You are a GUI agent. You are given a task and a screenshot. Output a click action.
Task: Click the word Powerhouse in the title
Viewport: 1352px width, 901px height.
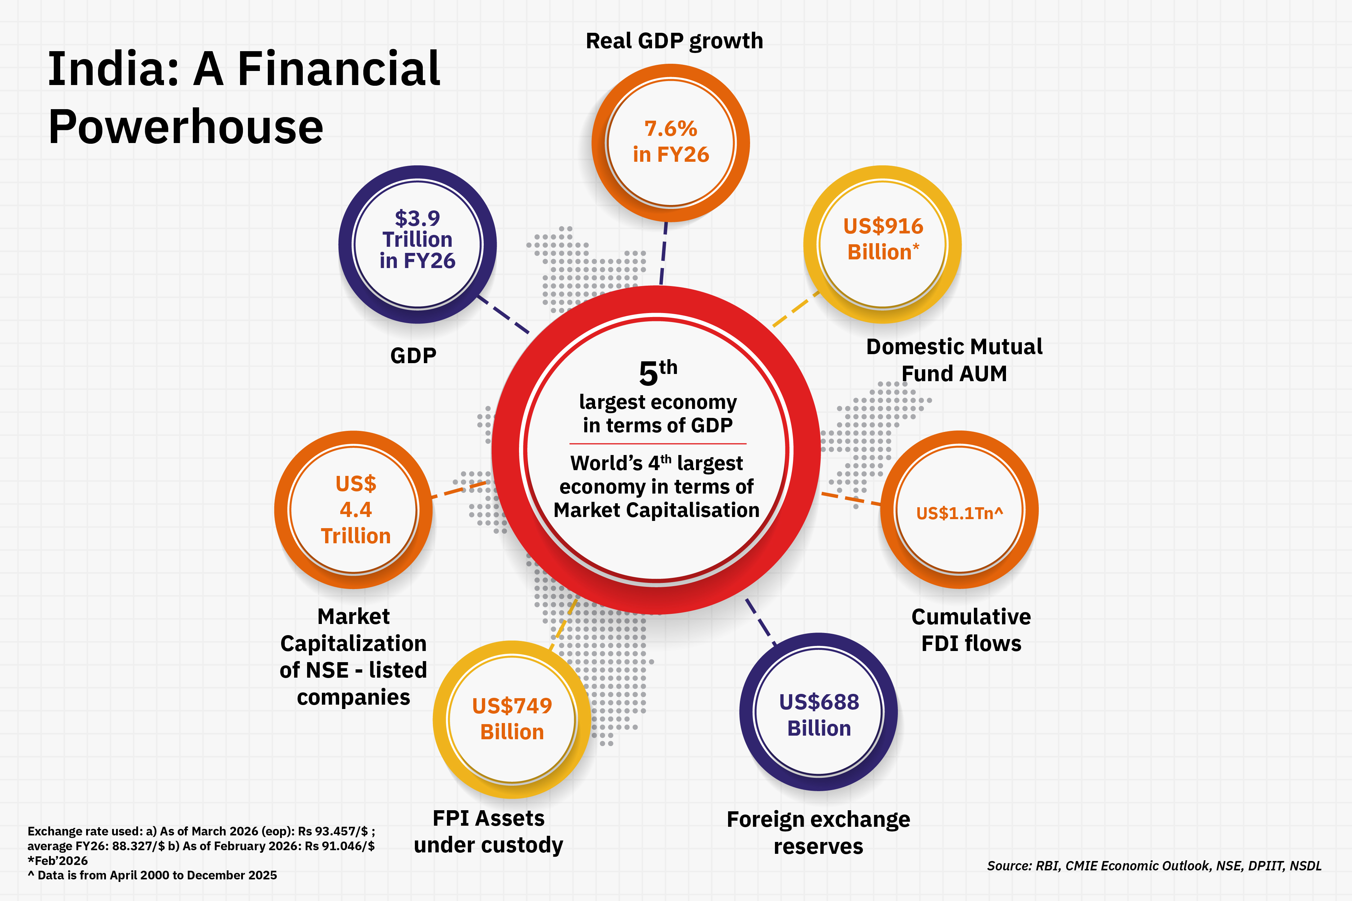186,127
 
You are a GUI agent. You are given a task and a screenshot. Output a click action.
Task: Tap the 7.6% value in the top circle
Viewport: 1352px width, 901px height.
670,129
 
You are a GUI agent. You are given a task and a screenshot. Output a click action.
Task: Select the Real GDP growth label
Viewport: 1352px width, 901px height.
674,41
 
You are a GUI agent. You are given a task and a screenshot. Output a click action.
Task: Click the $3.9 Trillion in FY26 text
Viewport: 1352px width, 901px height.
417,240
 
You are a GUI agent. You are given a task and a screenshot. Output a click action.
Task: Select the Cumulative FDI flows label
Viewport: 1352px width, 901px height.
971,630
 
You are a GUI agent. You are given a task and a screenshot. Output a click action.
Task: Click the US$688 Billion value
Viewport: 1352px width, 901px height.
819,715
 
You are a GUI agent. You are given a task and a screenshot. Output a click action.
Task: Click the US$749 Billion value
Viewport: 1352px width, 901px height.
511,718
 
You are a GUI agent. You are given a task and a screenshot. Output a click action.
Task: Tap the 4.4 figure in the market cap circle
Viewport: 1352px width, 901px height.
356,510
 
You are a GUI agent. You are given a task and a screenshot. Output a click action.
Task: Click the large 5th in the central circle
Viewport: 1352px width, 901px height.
657,373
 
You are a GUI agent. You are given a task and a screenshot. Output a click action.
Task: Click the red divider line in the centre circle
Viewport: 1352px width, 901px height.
657,443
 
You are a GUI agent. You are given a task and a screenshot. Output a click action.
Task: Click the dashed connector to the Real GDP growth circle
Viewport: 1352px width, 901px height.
663,253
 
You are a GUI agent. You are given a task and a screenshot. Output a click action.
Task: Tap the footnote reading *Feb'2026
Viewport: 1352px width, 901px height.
57,860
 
